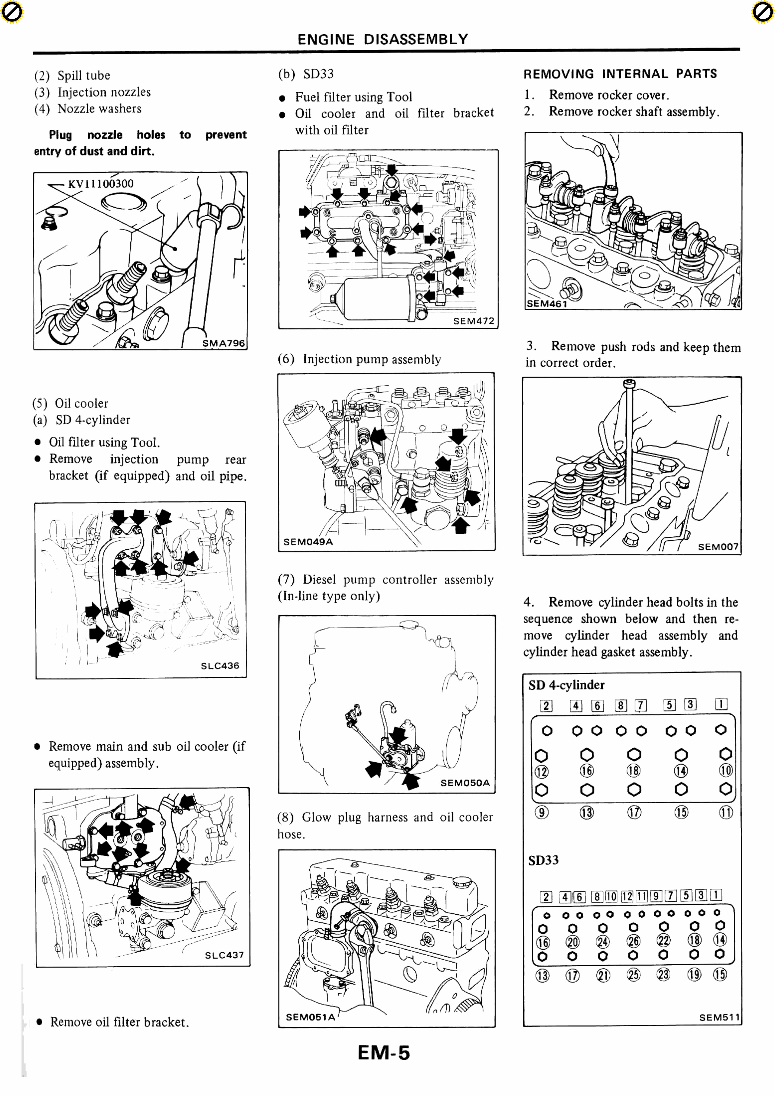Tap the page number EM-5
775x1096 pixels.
pos(384,1053)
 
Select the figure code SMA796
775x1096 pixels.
pos(223,343)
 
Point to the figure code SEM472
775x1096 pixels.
pos(473,321)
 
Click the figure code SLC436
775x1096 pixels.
pos(220,665)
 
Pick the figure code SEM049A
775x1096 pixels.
pos(308,542)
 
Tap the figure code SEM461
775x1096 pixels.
pos(546,304)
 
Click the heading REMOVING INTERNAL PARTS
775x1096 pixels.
pos(620,74)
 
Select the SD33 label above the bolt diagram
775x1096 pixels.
pos(543,860)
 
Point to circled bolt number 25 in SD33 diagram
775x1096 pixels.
pos(633,975)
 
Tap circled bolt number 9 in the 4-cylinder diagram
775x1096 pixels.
pos(541,812)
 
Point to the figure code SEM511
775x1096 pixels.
pos(719,1017)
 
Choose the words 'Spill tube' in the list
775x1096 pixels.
pos(83,75)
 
